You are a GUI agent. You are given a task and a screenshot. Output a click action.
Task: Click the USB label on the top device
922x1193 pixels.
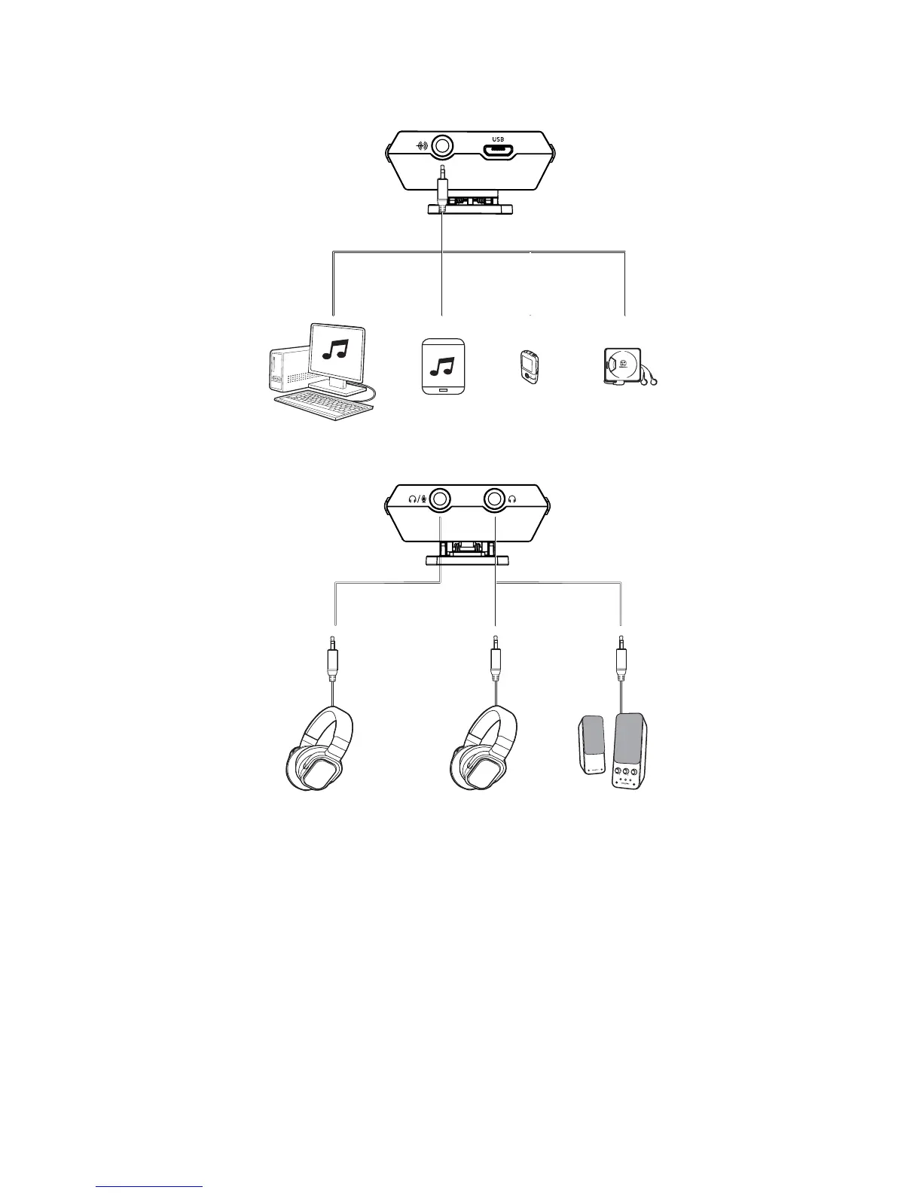[x=497, y=139]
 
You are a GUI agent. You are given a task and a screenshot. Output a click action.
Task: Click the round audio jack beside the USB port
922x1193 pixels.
[x=442, y=145]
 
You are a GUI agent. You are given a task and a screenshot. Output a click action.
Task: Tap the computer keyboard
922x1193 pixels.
[x=325, y=406]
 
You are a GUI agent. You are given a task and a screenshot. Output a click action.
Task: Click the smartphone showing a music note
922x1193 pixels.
[x=443, y=367]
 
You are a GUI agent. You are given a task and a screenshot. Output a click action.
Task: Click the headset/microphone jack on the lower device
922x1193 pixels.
[x=441, y=498]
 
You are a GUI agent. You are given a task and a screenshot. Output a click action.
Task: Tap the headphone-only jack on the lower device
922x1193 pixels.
[x=495, y=498]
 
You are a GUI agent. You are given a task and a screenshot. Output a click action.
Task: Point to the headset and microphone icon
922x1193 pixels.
[x=417, y=498]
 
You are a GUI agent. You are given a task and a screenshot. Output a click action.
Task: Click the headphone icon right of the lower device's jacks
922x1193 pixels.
[x=513, y=498]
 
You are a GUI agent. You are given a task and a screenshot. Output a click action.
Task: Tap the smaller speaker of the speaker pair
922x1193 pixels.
[x=593, y=746]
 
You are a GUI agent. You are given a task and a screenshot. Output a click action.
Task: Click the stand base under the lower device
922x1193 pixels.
[x=468, y=560]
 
